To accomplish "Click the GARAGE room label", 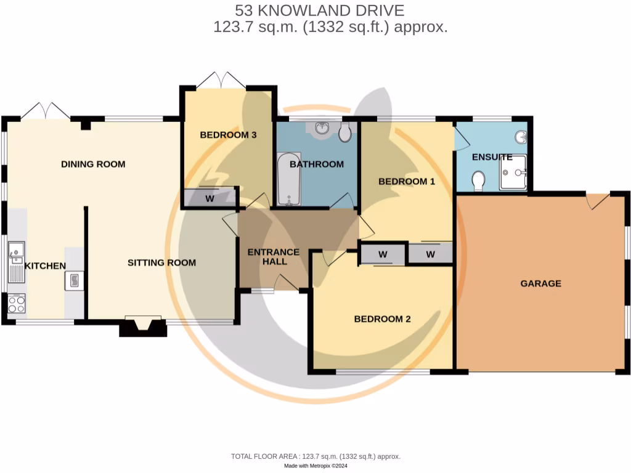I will click(540, 283).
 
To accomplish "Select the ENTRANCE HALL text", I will click(273, 257).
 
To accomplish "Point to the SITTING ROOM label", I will click(161, 262).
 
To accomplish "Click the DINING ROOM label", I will click(93, 164).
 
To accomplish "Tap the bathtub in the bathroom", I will click(288, 180).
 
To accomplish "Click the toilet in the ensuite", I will click(477, 181).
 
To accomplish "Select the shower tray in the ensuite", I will click(513, 173).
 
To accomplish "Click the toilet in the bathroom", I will click(344, 133).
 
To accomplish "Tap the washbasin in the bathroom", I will click(322, 129).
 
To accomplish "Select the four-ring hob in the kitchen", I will click(16, 303).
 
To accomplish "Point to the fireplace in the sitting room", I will click(143, 326).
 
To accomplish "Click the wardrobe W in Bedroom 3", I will click(210, 198).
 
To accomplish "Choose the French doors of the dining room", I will click(45, 111).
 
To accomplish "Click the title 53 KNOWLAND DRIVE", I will click(320, 10).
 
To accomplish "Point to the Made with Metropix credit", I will click(315, 466).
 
